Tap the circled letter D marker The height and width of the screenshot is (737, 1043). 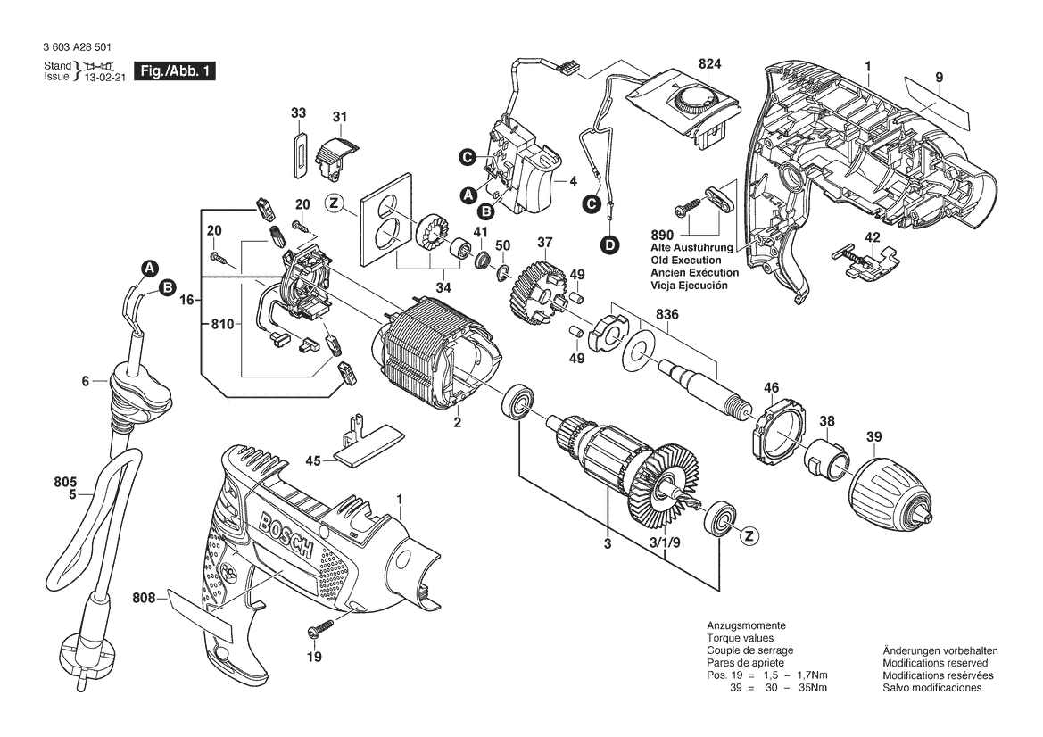(609, 244)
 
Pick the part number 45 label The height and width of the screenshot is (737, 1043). (312, 461)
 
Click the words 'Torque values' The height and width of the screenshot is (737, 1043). (739, 639)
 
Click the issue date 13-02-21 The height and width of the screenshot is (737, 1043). (104, 78)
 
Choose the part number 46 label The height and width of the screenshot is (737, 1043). (772, 387)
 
